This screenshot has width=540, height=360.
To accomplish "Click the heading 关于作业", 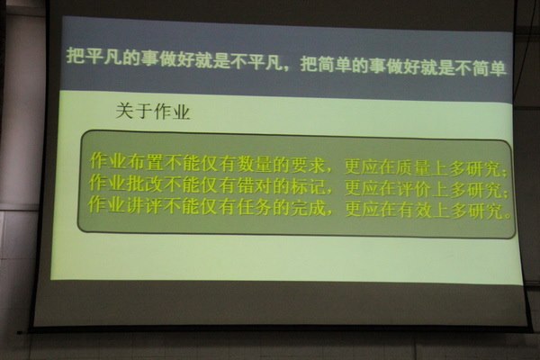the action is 153,111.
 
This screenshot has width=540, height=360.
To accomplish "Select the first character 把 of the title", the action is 75,56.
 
